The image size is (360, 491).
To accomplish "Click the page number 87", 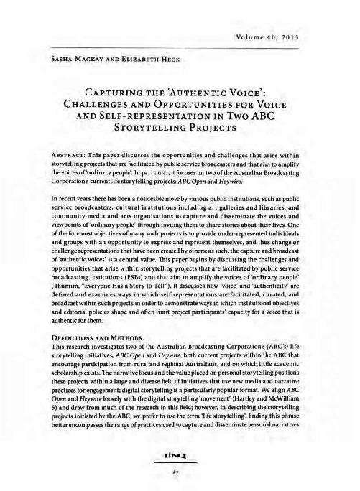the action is [180, 474].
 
